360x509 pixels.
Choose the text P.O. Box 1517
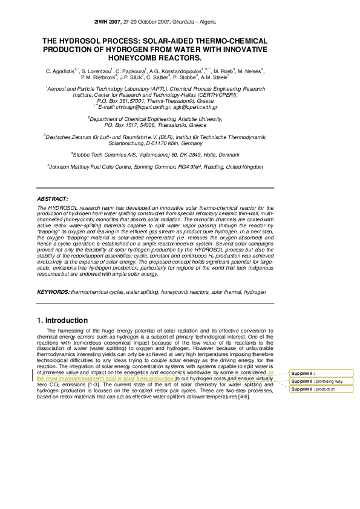pos(121,125)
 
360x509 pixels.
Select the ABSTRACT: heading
pos(53,198)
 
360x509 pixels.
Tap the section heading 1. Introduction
pos(62,319)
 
